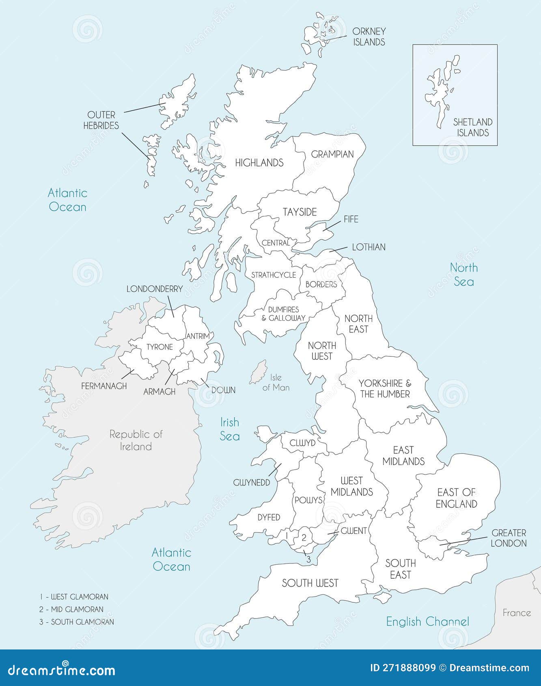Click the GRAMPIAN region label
332,154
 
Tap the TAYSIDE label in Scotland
300,212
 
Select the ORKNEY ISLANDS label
369,37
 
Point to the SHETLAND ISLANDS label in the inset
472,127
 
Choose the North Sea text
463,274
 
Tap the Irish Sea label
230,429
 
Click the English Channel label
427,621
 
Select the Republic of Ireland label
136,440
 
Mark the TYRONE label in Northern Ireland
159,347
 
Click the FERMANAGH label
104,386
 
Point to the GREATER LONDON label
509,538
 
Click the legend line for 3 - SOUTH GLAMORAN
77,622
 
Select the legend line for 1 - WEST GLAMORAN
74,597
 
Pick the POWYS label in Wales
308,500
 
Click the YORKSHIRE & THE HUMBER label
384,388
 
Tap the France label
516,613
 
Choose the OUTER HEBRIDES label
101,120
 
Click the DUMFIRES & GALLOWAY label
283,313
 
